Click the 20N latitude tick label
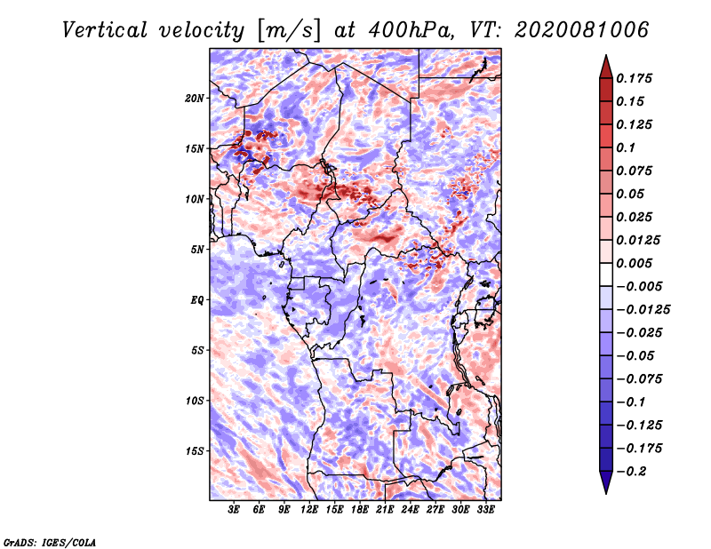pos(195,98)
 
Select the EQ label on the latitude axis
pos(196,300)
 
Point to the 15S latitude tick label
pos(195,451)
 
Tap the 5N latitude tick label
pos(197,250)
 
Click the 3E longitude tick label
pos(234,510)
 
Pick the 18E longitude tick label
pos(360,510)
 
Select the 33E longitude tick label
pos(485,510)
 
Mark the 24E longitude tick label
pos(410,510)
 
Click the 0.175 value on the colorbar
pos(635,78)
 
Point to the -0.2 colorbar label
pos(631,472)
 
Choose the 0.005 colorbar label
pos(635,263)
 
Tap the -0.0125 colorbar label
pos(643,310)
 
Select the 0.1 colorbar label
pos(626,147)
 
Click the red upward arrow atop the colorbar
pos(606,67)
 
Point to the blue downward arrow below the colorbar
pos(606,482)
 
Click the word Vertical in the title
pos(105,30)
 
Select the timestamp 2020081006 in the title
pos(582,30)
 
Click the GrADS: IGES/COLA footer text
pos(50,542)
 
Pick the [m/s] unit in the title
pos(289,31)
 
